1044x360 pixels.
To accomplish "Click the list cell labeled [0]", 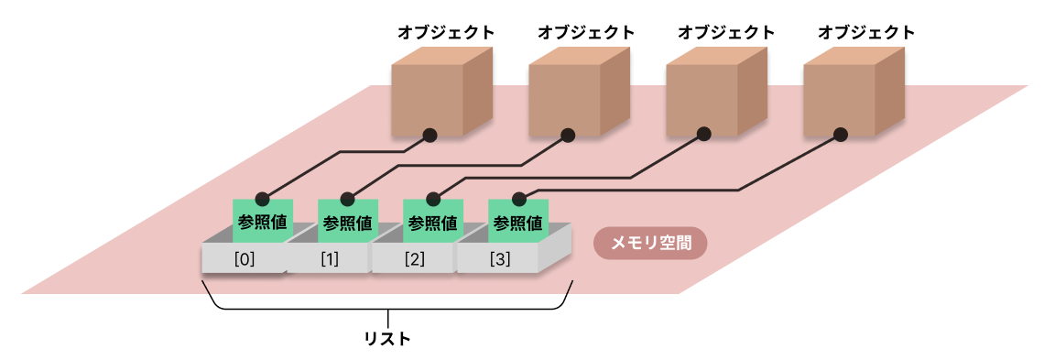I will click(x=244, y=259).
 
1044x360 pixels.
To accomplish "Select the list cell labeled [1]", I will click(x=329, y=259).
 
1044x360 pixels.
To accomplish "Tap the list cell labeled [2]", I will click(x=414, y=259).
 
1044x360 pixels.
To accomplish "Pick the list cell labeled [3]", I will click(x=499, y=259).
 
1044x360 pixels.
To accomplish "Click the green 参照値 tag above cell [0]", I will click(x=263, y=223).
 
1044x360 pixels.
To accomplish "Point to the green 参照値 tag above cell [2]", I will click(x=433, y=223).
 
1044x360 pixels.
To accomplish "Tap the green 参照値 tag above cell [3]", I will click(x=518, y=223).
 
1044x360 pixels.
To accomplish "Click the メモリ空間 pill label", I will click(x=650, y=244).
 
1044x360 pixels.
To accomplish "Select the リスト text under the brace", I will click(x=387, y=339).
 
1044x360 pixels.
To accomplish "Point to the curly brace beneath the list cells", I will click(x=387, y=310).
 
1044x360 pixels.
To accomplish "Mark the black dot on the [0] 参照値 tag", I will click(x=262, y=198).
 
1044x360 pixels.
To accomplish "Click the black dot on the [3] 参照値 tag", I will click(x=519, y=198).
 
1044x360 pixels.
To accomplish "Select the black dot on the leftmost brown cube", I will click(x=430, y=135).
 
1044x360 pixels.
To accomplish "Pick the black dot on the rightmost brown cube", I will click(x=841, y=135).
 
